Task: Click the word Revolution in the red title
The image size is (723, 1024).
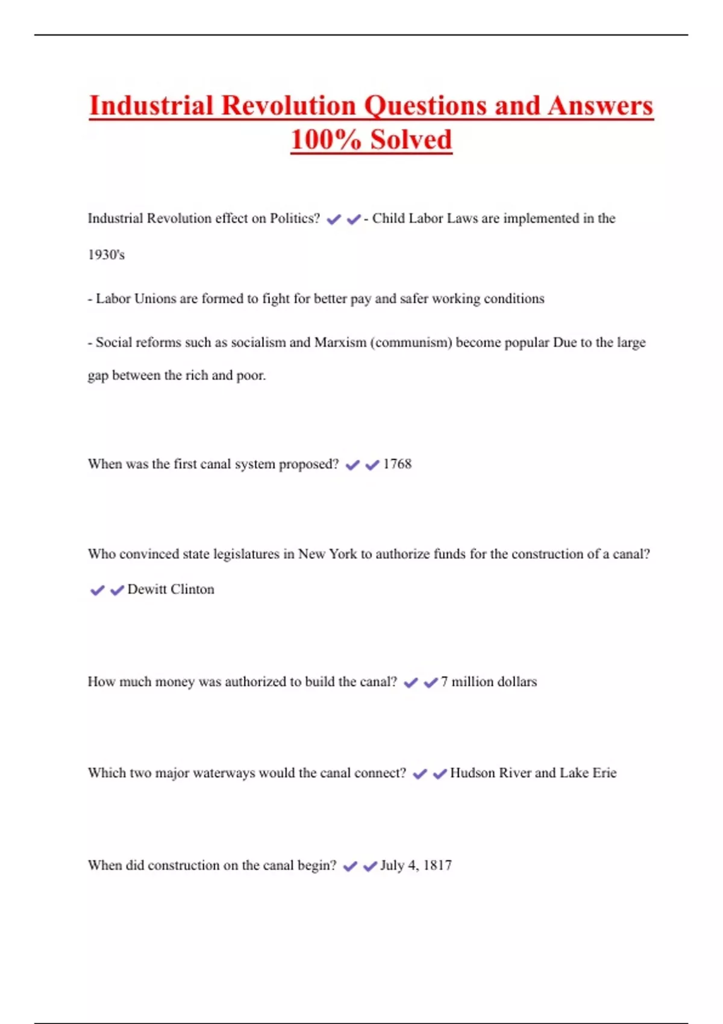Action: click(290, 105)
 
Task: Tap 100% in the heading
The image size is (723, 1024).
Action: click(325, 139)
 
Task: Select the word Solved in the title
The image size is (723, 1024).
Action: click(411, 139)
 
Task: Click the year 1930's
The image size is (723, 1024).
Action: click(106, 255)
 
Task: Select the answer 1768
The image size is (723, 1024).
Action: click(397, 464)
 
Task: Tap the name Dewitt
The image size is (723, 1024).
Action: click(147, 589)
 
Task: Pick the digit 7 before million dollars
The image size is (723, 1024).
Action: click(444, 682)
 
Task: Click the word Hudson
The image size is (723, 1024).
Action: click(471, 773)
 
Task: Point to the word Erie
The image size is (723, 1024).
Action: click(604, 773)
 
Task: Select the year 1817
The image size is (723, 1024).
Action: click(437, 866)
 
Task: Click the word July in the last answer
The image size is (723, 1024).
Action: click(392, 866)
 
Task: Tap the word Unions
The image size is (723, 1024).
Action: click(156, 299)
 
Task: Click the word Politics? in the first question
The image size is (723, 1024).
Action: click(295, 218)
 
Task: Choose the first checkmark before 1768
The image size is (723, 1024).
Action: click(352, 465)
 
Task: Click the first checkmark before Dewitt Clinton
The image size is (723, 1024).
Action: click(97, 590)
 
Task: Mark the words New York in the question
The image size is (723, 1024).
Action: click(328, 554)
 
